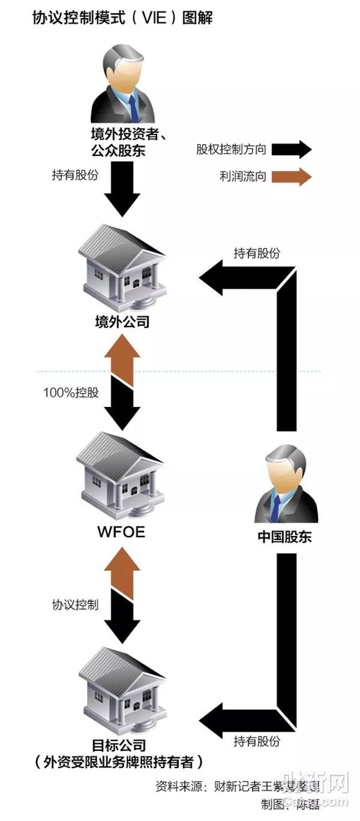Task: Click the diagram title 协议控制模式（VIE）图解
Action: [x=122, y=19]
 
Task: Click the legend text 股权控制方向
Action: [x=230, y=149]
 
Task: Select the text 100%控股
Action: [x=71, y=393]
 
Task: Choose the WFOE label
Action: [x=121, y=532]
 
